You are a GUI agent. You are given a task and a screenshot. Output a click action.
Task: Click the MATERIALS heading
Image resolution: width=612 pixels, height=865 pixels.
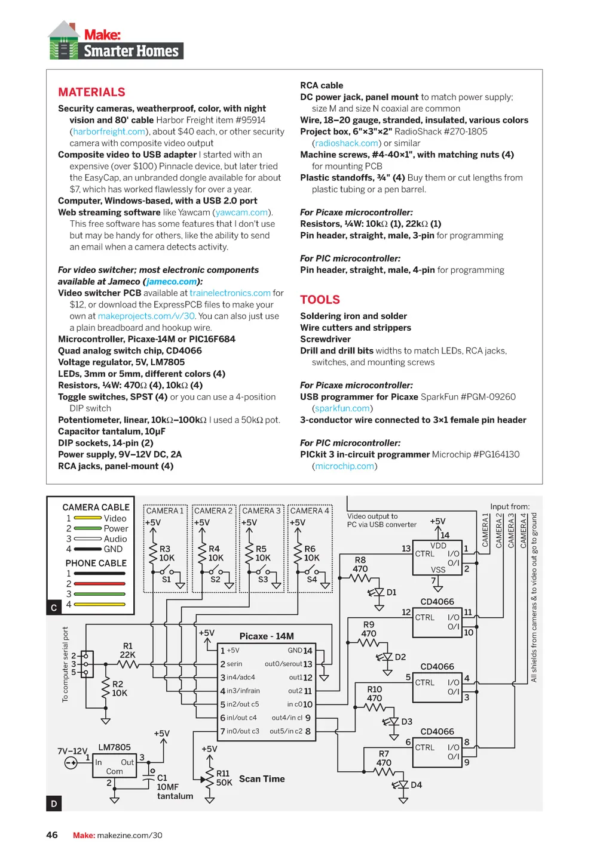click(91, 92)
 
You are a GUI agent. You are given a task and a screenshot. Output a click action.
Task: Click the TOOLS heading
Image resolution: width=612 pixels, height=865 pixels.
click(320, 300)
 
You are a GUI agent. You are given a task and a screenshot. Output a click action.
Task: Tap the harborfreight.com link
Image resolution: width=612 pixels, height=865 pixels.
click(109, 131)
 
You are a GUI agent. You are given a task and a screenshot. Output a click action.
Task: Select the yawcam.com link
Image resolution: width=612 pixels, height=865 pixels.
click(241, 213)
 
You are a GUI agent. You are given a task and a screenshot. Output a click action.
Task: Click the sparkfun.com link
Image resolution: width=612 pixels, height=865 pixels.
click(342, 408)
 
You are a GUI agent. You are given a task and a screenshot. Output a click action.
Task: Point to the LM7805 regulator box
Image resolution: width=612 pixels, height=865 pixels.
click(115, 766)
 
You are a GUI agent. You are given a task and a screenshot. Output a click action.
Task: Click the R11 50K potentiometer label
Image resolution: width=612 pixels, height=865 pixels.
click(224, 778)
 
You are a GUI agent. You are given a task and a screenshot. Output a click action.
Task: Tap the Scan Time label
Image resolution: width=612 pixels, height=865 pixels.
click(262, 778)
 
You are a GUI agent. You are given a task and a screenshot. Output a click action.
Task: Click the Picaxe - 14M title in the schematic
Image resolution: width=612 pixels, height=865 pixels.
click(267, 636)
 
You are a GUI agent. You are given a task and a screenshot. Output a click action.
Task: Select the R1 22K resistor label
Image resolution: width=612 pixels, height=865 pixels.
click(128, 650)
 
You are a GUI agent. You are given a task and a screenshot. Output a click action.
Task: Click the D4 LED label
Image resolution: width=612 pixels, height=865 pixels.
click(416, 784)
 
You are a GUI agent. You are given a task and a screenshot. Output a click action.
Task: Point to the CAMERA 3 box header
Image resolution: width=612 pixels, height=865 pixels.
click(261, 510)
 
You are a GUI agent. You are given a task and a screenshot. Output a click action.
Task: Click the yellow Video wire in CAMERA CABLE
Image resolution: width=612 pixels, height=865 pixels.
click(88, 518)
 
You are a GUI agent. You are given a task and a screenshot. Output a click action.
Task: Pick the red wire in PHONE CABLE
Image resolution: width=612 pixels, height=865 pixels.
click(99, 583)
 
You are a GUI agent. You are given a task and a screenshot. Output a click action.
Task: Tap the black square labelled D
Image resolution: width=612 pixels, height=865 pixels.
click(54, 803)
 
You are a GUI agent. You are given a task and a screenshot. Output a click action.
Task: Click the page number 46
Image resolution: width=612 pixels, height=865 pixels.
click(52, 835)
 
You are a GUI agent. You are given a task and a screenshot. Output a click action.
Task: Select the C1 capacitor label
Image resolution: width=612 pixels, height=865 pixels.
click(162, 778)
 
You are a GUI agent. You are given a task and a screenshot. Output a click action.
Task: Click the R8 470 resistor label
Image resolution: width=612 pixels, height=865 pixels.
click(360, 564)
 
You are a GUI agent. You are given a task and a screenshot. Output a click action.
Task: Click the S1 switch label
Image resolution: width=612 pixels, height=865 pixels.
click(166, 579)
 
